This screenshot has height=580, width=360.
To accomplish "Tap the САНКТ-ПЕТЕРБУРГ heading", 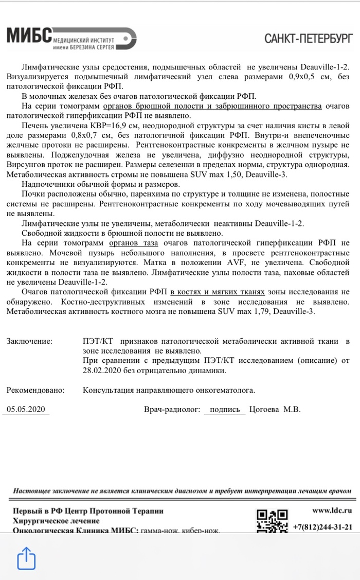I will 309,38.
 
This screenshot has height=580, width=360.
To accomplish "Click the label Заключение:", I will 30,341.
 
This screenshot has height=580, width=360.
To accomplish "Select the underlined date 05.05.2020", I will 26,410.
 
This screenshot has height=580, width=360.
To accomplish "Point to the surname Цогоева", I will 264,410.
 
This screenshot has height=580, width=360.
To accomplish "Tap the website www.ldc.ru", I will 332,511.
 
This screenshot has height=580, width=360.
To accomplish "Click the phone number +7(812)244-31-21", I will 322,527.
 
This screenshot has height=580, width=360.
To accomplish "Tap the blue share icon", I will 27,558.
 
